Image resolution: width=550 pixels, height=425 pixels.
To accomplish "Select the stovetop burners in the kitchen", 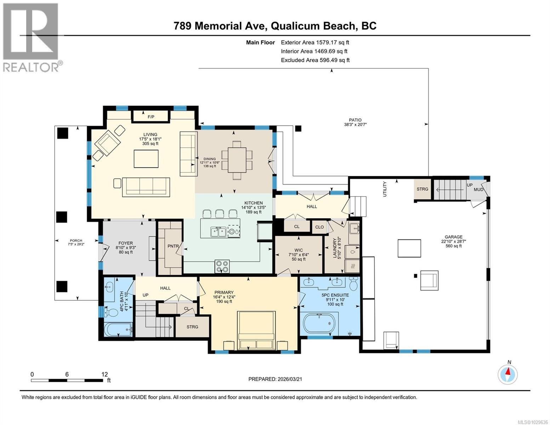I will [222, 266].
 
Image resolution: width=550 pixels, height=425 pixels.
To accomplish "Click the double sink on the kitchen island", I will [218, 232].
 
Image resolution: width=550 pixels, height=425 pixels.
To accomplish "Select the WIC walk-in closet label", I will [299, 250].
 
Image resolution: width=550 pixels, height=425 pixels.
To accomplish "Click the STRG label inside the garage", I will [422, 189].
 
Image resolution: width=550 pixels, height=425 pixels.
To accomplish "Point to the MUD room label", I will [478, 189].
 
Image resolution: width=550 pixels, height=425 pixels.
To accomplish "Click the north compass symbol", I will [508, 374].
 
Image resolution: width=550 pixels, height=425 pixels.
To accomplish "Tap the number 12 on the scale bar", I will [104, 374].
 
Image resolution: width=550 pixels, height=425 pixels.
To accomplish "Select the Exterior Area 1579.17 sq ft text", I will [315, 42].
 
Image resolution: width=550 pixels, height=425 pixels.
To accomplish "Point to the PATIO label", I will [355, 120].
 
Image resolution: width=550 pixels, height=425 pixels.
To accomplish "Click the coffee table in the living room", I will [146, 158].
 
